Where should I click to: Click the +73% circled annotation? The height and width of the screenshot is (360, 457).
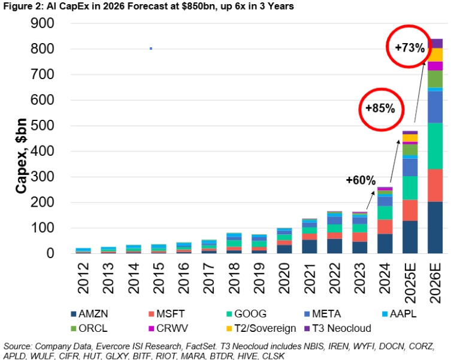[410, 47]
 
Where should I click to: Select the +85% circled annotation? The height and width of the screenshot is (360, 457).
[380, 108]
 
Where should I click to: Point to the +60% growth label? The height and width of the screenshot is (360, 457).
[361, 180]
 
